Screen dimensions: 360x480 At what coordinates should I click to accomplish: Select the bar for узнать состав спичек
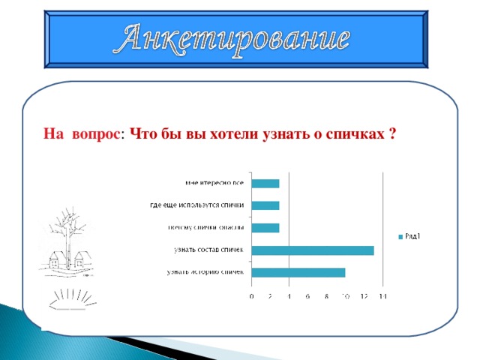point(313,250)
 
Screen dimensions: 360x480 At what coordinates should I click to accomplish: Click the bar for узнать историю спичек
point(298,271)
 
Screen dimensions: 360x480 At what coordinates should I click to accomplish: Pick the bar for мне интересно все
point(265,183)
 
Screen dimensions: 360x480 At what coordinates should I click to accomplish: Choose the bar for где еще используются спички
point(265,205)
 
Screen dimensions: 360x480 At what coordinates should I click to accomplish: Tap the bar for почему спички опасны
point(265,227)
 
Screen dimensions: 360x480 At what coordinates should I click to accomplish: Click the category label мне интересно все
point(214,183)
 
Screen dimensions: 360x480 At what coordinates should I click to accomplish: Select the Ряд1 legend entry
point(409,238)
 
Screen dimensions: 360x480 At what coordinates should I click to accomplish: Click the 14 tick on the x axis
point(382,298)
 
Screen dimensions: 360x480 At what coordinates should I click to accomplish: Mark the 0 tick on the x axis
point(251,298)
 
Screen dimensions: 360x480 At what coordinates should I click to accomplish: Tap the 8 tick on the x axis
point(326,298)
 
